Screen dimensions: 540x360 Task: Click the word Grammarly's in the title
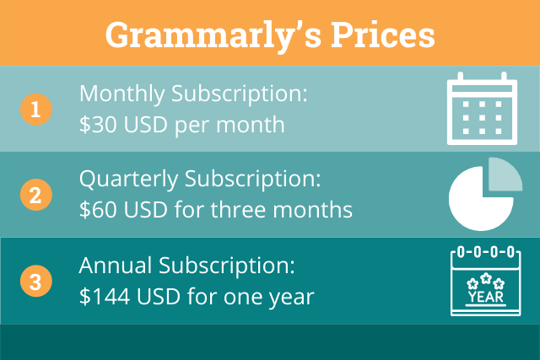(x=213, y=36)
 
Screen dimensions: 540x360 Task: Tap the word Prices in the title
(x=383, y=35)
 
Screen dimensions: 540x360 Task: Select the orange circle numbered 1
(x=35, y=110)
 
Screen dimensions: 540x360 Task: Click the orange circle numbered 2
(x=35, y=195)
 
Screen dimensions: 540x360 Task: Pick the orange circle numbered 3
(x=35, y=281)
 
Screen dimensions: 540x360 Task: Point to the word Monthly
(x=122, y=94)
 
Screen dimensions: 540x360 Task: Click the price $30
(x=98, y=125)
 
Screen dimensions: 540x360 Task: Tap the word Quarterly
(x=129, y=180)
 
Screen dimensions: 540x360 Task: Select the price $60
(x=98, y=210)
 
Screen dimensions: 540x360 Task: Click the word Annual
(x=116, y=265)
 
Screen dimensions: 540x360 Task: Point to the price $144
(x=105, y=296)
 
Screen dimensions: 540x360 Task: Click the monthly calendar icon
(x=482, y=109)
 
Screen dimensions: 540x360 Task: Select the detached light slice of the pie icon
(x=505, y=174)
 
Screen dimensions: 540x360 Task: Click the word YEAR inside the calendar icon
(x=486, y=297)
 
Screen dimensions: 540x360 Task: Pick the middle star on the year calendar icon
(x=486, y=277)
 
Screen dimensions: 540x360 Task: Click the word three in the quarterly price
(x=238, y=209)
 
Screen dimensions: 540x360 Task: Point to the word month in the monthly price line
(x=251, y=124)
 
